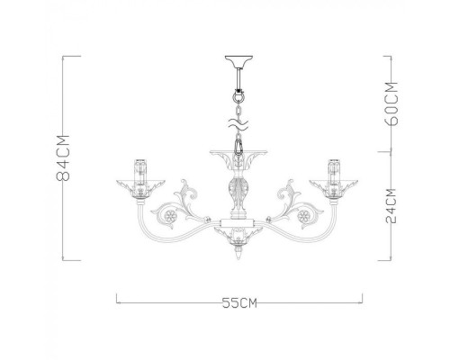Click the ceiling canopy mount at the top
point(238,64)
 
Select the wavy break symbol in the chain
point(238,118)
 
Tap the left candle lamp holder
point(139,168)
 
